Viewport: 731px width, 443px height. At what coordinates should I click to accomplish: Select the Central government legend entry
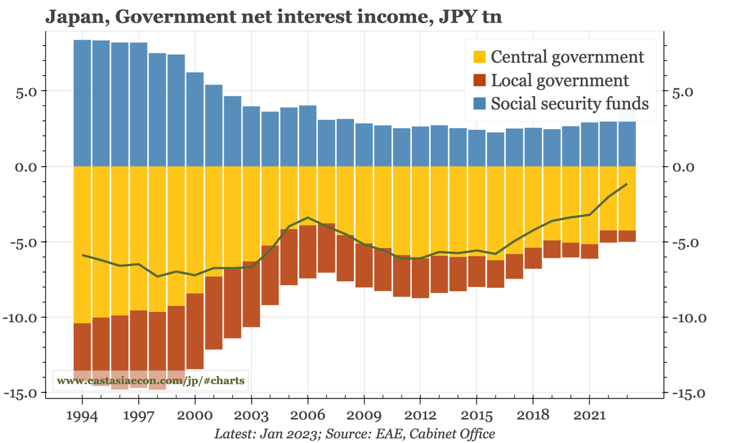click(567, 57)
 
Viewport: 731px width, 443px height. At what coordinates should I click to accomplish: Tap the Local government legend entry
click(559, 80)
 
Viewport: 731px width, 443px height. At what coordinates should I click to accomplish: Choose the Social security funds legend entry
click(569, 104)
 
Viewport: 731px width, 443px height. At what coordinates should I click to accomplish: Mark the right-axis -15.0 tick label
click(687, 393)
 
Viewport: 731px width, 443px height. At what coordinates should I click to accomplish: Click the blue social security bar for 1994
click(82, 104)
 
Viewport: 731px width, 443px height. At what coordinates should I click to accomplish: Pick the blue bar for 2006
click(308, 136)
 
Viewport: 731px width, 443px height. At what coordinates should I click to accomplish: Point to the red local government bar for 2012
click(420, 278)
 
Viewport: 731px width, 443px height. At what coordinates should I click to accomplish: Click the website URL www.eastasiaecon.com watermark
click(150, 381)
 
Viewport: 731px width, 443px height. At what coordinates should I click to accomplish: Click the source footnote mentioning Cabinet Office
click(355, 433)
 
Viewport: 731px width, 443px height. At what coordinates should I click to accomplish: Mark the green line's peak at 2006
click(308, 218)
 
